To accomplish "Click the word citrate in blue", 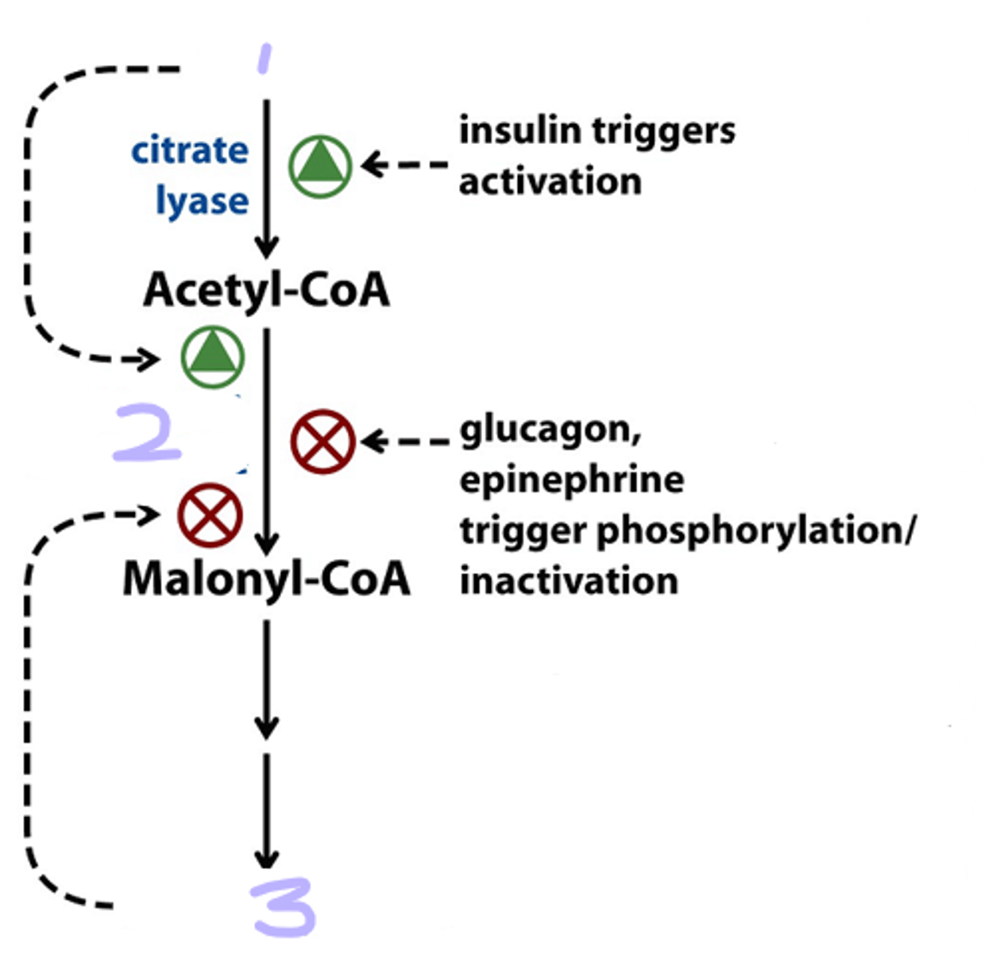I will click(189, 150).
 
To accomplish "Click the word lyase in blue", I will click(202, 200).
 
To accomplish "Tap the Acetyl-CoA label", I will click(267, 290).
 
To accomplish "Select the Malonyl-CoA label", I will click(267, 579).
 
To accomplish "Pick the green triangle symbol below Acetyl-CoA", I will click(212, 356).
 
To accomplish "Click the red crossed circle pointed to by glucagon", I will click(322, 442).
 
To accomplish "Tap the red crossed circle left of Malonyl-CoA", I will click(210, 514).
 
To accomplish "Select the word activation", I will click(550, 181).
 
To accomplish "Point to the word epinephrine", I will click(571, 480).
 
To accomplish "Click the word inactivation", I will click(569, 580).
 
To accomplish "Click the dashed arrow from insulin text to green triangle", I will click(405, 165).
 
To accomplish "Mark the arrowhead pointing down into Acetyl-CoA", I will click(267, 247).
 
